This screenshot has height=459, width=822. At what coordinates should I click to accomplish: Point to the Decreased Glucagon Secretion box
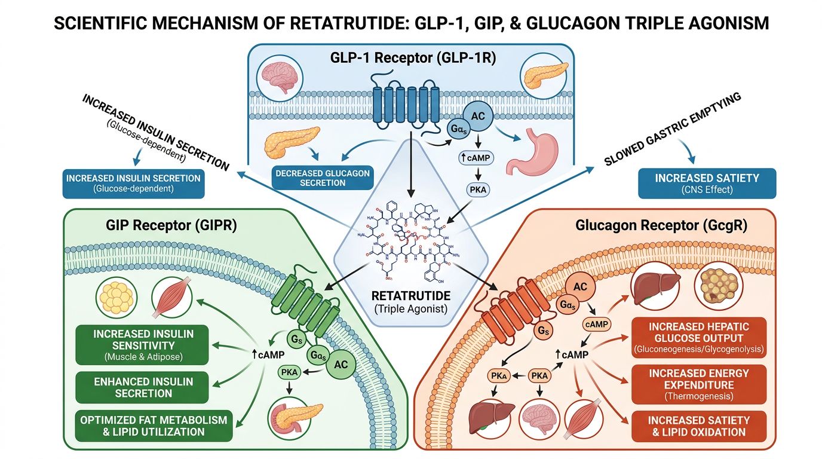tap(322, 178)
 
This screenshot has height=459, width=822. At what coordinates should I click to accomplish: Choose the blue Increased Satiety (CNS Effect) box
tap(707, 183)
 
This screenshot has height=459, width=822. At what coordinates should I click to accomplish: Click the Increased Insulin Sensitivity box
tap(143, 345)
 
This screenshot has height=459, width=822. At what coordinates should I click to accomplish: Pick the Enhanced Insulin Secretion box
tap(143, 387)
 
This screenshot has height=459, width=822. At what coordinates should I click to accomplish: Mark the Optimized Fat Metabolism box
tap(154, 426)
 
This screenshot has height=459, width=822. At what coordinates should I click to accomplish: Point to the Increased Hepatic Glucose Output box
tap(698, 337)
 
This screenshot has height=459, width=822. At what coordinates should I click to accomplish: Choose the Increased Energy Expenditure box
tap(698, 384)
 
